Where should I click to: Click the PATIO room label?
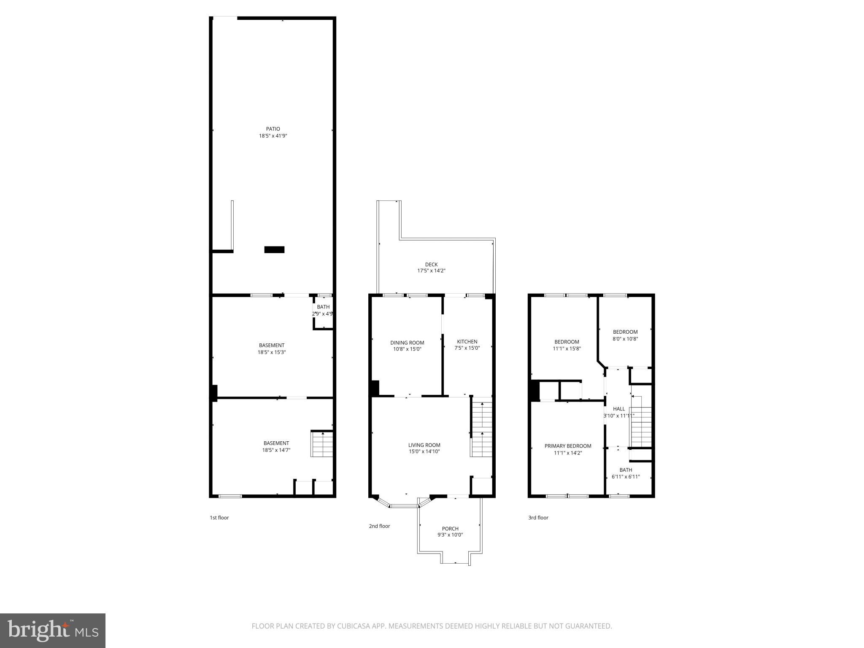coord(273,129)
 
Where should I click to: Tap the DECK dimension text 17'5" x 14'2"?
coord(431,271)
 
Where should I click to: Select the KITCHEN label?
coord(467,342)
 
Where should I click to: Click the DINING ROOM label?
coord(407,343)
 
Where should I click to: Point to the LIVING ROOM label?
coord(424,445)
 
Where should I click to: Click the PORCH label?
coord(450,529)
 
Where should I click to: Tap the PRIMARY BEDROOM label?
coord(568,446)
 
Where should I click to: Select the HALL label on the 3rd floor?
coord(619,409)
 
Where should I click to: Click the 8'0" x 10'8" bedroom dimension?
coord(625,338)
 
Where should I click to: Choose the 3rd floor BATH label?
coord(626,470)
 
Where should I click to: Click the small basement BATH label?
coord(323,307)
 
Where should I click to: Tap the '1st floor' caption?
coord(219,518)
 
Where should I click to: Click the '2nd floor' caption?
coord(379,526)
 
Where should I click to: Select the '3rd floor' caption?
coord(538,518)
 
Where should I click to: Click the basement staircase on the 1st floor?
coord(322,444)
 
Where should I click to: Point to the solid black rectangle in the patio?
coord(274,250)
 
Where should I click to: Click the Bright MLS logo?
coord(53,630)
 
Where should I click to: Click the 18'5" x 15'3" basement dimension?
coord(272,352)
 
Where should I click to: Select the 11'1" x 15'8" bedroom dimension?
coord(567,349)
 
